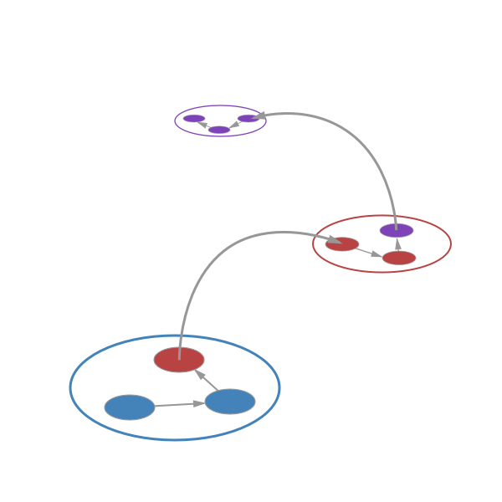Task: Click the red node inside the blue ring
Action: point(179,360)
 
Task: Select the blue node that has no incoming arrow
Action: point(130,407)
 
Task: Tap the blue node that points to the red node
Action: point(230,402)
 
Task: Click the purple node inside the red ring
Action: point(396,230)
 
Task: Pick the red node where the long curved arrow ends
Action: point(342,244)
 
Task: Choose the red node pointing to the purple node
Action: point(399,258)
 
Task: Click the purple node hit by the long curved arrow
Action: point(248,118)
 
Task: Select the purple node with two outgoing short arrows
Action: point(219,130)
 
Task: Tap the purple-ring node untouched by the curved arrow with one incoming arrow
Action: point(194,118)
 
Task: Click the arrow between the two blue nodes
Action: point(179,405)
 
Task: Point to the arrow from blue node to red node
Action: point(207,380)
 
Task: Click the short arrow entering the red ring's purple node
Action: point(397,244)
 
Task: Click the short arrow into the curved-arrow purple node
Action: point(234,125)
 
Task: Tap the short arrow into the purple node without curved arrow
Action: point(205,125)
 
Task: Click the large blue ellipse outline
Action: point(70,387)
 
